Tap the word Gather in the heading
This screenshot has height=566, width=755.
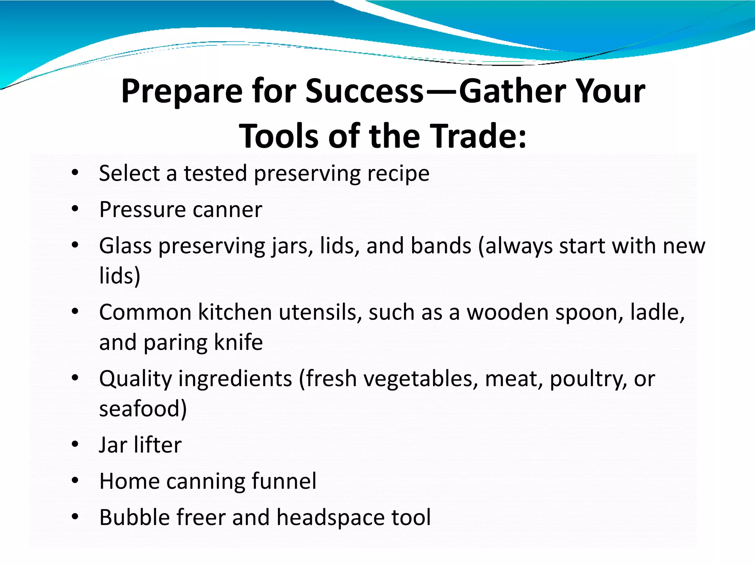tap(512, 91)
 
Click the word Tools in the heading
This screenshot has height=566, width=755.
tap(280, 136)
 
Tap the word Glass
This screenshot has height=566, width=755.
tap(125, 246)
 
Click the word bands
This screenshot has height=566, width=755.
tap(441, 246)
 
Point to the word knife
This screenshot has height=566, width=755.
tap(238, 342)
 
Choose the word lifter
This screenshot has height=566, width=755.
tap(158, 445)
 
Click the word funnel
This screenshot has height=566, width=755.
tap(284, 481)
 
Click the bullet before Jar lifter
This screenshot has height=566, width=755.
tap(75, 445)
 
